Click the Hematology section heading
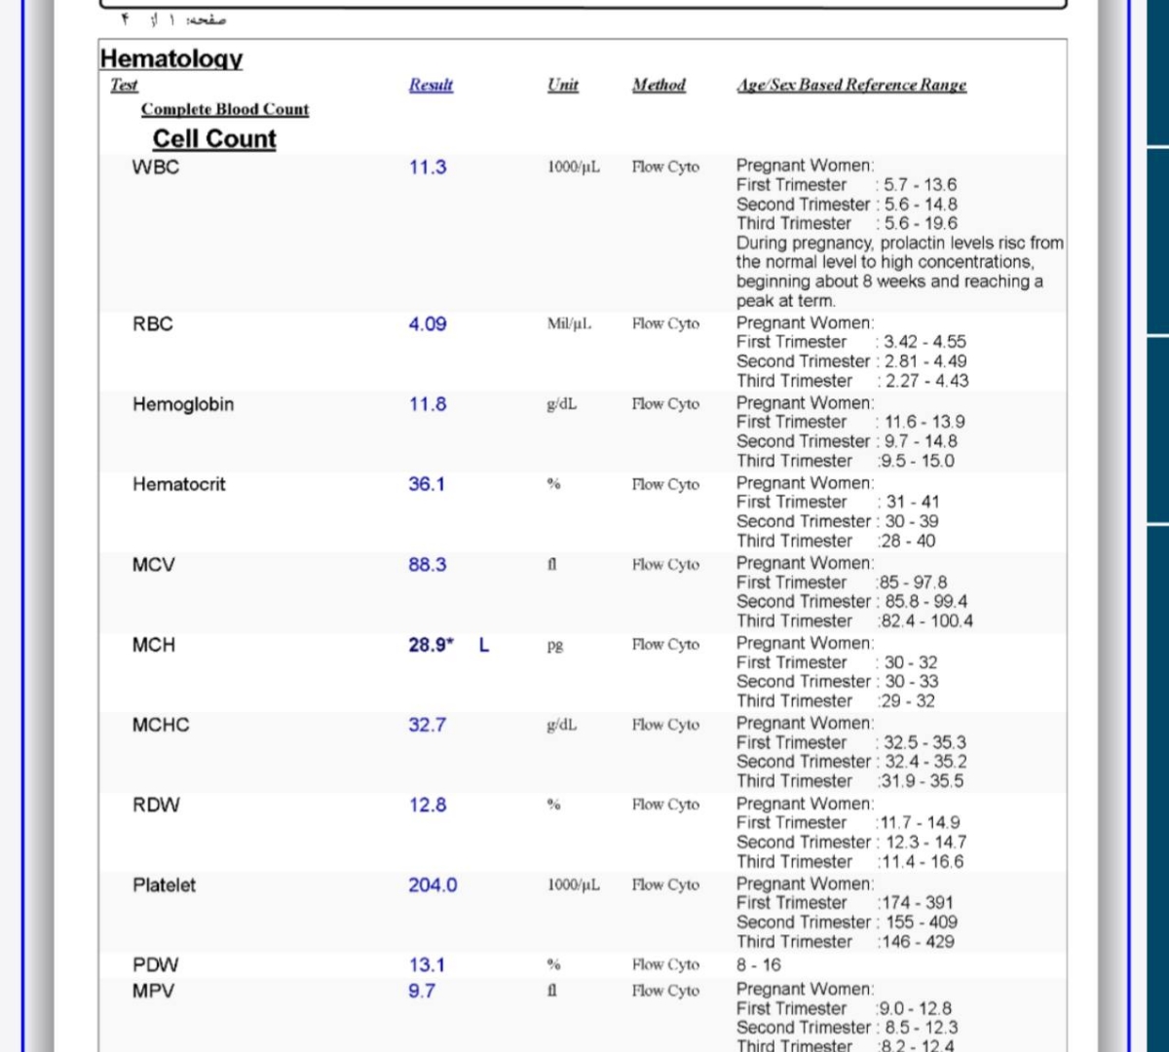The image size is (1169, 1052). click(x=171, y=58)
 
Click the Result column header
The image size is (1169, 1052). click(x=431, y=85)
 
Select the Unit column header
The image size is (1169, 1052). click(x=562, y=85)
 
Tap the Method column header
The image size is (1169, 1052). click(x=659, y=85)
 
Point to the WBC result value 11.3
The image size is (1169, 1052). click(x=428, y=167)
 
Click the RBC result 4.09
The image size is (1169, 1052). click(x=428, y=324)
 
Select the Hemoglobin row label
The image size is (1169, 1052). click(x=183, y=404)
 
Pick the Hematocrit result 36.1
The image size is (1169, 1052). click(x=427, y=484)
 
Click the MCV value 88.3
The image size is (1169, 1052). click(x=428, y=565)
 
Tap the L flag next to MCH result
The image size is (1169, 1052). click(x=484, y=645)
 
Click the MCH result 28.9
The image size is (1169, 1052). click(x=430, y=645)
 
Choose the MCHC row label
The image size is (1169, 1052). click(x=161, y=725)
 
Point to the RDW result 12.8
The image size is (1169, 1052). click(x=428, y=805)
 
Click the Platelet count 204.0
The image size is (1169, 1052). click(x=433, y=885)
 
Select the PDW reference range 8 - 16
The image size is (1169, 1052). click(x=759, y=965)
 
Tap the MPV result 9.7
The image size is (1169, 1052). click(x=422, y=991)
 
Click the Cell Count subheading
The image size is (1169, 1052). click(x=214, y=139)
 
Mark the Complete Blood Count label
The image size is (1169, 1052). click(x=225, y=109)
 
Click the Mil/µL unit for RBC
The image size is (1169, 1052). click(x=569, y=323)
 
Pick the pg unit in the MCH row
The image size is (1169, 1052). click(x=555, y=645)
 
